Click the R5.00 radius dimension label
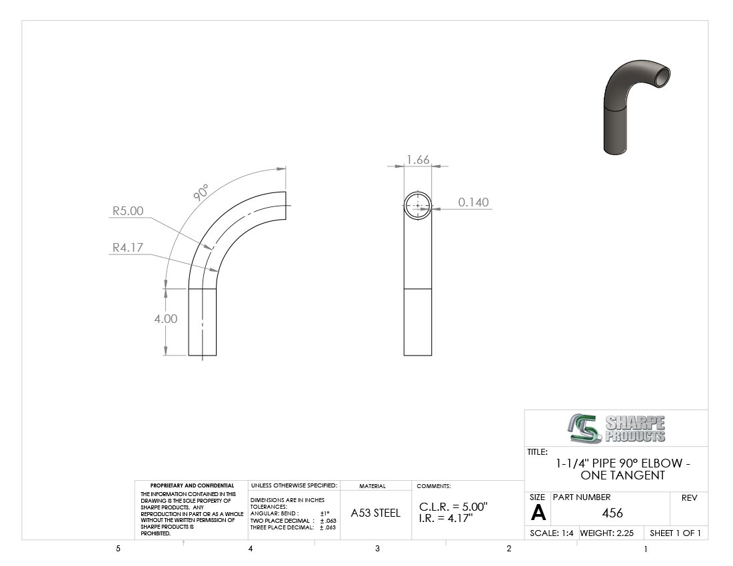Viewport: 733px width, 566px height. point(128,210)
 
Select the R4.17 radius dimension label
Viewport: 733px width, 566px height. point(128,247)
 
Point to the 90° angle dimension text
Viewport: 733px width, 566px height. point(201,192)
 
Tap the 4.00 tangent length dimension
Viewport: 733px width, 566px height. point(166,319)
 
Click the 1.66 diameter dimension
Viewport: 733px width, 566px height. point(418,160)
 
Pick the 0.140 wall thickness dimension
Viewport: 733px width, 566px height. point(473,202)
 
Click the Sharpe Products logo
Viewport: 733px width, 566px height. point(616,428)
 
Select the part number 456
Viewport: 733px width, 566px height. point(612,513)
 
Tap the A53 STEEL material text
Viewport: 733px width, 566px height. point(375,513)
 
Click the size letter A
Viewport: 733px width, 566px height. point(538,513)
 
